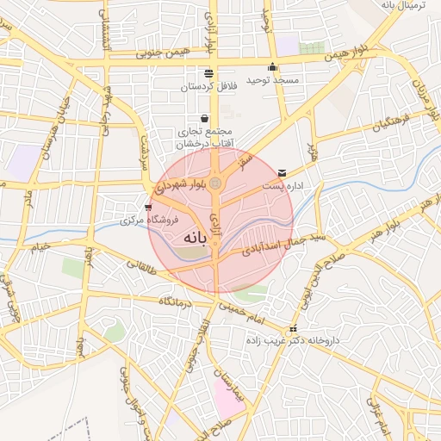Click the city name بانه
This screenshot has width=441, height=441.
coord(197,236)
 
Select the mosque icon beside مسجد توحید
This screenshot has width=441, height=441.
coord(273,67)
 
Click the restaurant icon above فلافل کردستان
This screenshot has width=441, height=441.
coord(208,73)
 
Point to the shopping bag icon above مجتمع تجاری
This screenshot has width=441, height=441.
coord(204,118)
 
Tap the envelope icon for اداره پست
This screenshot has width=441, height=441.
coord(283,173)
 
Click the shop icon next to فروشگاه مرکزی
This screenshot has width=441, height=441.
coord(150,208)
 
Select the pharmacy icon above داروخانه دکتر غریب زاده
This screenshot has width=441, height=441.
coord(294,329)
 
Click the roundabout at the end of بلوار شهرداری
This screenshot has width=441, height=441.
coord(216,183)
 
